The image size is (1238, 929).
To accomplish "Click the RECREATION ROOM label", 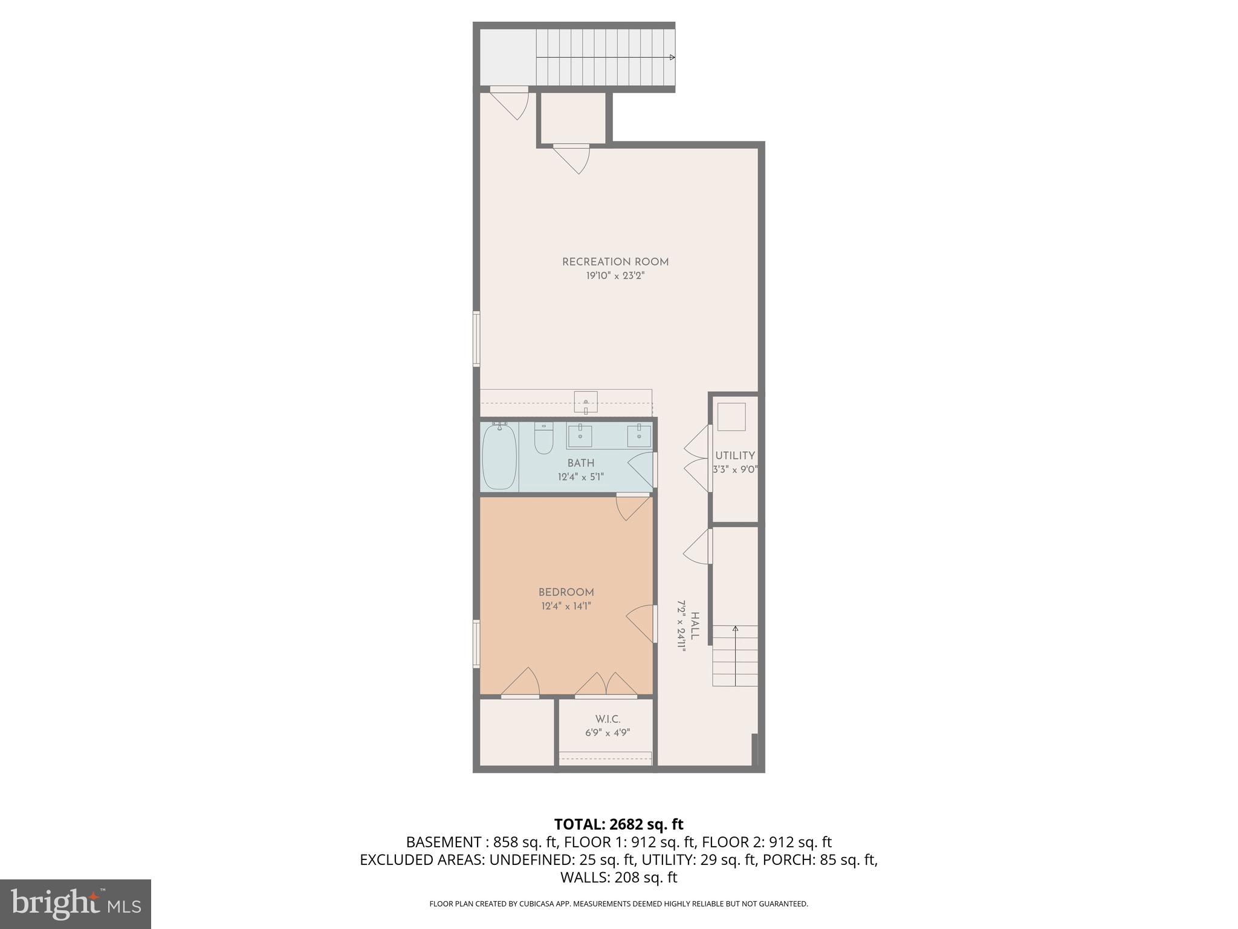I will pos(615,262).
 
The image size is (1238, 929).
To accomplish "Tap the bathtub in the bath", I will pos(498,456).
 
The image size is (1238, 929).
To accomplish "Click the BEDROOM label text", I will pos(566,592).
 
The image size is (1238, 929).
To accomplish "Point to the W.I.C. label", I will pos(608,719).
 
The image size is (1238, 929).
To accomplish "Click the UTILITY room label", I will pos(735,455).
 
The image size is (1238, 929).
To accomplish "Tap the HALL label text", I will pos(695,626).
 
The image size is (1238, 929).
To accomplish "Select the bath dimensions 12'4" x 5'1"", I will pos(580,477).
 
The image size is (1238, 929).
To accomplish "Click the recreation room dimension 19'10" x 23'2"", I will pos(615,276).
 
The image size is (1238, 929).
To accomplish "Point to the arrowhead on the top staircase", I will pos(672,57).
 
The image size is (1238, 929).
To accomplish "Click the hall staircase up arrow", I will pos(735,630).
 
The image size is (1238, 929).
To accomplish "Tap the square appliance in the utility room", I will pos(731,417).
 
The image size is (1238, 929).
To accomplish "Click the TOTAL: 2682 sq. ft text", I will pos(618,824).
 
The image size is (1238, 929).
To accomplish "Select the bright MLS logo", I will pos(76,904).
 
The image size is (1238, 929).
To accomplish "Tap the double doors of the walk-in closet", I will pos(606,685).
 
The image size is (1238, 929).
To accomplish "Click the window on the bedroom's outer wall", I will pos(476,644).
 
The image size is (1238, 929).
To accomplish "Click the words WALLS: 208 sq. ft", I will pos(618,877).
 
